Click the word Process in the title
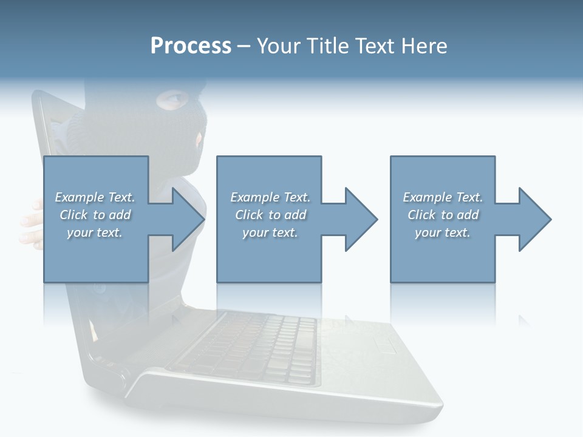click(191, 46)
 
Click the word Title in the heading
click(328, 46)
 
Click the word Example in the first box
click(79, 197)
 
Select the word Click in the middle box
click(249, 215)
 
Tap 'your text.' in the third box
click(443, 232)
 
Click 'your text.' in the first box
click(95, 232)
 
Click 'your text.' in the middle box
click(270, 232)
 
